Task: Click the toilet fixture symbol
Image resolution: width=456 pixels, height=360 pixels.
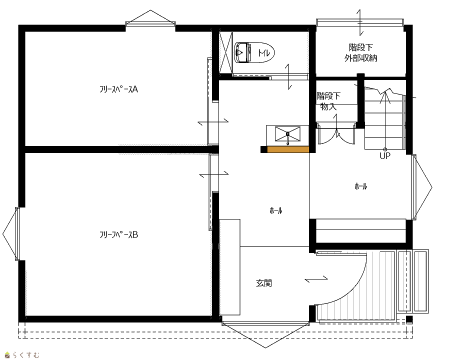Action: coord(254,52)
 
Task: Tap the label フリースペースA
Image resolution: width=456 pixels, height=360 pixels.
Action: coord(118,89)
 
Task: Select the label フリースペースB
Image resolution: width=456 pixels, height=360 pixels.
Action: coord(118,234)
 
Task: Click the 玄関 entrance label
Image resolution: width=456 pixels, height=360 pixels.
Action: coord(264,282)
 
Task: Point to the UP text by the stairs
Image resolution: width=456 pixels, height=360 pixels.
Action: coord(385,156)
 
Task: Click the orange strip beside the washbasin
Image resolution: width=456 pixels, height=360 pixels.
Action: coord(288,149)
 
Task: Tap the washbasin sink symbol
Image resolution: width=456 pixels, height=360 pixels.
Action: coord(287,135)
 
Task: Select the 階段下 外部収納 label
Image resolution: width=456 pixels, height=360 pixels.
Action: coord(360,52)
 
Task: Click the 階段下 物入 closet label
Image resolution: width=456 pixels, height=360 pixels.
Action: coord(328,101)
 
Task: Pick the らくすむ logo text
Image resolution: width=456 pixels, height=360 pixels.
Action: coord(26,355)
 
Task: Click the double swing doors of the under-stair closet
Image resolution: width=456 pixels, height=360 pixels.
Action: coord(336,134)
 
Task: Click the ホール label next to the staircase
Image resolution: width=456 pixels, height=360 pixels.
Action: coord(360,186)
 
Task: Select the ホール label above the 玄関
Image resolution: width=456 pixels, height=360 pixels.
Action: coord(275,210)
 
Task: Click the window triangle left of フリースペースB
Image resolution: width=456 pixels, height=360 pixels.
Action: coord(9,234)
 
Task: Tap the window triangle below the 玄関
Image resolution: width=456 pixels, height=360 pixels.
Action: coord(265,334)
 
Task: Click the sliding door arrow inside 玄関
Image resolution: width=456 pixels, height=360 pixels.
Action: coord(316,278)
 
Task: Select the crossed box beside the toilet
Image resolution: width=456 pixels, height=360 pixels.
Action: coord(226,52)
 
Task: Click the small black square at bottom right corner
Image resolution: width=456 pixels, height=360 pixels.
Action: coord(409,319)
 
